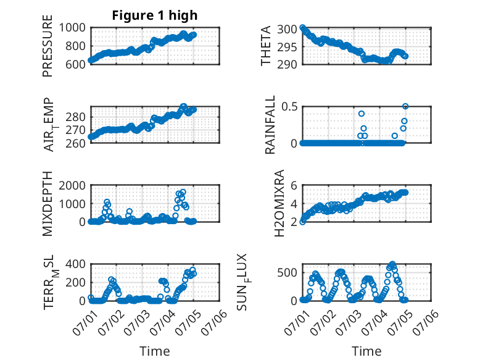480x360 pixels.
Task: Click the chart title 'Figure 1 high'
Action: [x=155, y=15]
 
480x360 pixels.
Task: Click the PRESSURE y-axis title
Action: [x=48, y=46]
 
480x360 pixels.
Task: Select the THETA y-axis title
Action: [x=266, y=46]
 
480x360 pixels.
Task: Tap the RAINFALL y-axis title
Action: [x=270, y=125]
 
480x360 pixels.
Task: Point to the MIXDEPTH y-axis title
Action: [x=48, y=203]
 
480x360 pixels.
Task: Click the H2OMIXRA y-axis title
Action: [x=279, y=203]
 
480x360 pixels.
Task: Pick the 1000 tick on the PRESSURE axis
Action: [x=72, y=28]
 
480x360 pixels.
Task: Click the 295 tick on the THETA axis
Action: [x=287, y=47]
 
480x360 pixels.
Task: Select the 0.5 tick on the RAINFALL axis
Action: [x=289, y=107]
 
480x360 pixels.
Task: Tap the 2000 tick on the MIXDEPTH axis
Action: [x=72, y=185]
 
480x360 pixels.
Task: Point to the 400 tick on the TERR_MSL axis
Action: [x=75, y=264]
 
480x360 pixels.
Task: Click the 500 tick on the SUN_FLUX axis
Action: [x=287, y=273]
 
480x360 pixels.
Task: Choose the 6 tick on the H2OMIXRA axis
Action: [x=294, y=185]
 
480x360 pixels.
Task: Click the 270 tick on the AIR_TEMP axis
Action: [x=75, y=130]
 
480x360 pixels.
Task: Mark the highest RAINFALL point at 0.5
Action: [x=405, y=106]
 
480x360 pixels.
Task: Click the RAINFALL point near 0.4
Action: [x=362, y=114]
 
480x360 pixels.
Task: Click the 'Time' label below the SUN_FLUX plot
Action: [x=366, y=351]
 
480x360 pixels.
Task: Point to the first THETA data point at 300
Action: [x=302, y=28]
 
